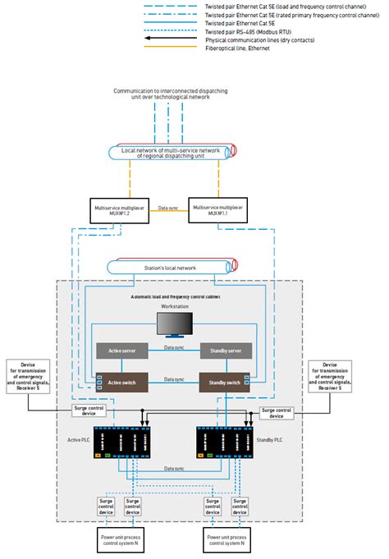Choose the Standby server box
pyautogui.click(x=224, y=351)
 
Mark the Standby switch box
pyautogui.click(x=224, y=382)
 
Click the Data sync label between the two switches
pyautogui.click(x=172, y=379)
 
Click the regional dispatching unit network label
pyautogui.click(x=171, y=153)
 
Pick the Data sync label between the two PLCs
pyautogui.click(x=172, y=469)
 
